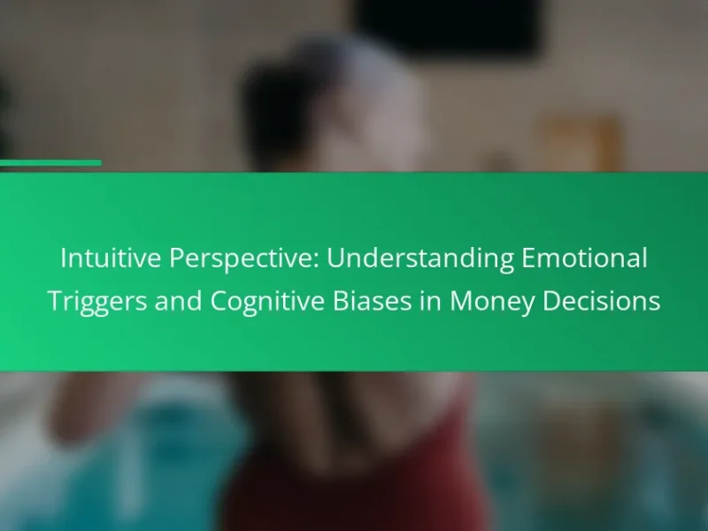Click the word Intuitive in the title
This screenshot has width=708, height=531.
point(111,258)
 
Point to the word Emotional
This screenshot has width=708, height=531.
point(585,258)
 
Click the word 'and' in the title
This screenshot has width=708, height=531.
point(179,301)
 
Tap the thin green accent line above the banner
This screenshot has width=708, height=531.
point(50,163)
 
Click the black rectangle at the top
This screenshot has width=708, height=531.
point(447,27)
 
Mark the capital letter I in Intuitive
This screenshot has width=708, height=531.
point(63,258)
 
